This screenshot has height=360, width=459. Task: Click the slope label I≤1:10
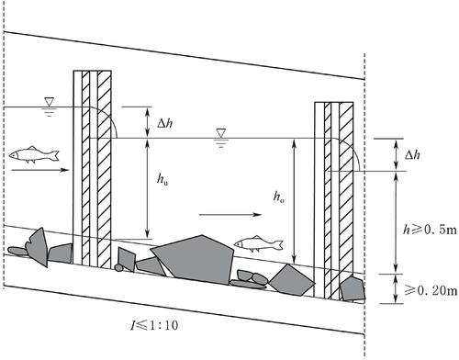pyautogui.click(x=154, y=325)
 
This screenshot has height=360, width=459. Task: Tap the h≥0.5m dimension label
pyautogui.click(x=430, y=229)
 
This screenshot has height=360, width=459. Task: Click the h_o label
pyautogui.click(x=278, y=197)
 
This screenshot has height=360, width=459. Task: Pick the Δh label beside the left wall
pyautogui.click(x=165, y=124)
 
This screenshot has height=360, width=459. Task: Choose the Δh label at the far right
pyautogui.click(x=412, y=155)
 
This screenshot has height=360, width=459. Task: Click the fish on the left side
pyautogui.click(x=34, y=154)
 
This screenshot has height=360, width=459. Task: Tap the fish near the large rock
pyautogui.click(x=259, y=244)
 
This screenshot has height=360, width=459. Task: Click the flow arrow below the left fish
pyautogui.click(x=39, y=170)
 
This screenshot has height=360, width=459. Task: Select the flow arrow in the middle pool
pyautogui.click(x=230, y=215)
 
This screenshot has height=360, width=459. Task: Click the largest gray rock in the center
pyautogui.click(x=194, y=259)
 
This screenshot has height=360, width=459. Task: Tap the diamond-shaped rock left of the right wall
pyautogui.click(x=291, y=280)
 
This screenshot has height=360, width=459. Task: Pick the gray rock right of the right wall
pyautogui.click(x=353, y=289)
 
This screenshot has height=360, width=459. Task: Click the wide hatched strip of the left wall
pyautogui.click(x=104, y=168)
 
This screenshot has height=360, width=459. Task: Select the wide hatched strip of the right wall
pyautogui.click(x=346, y=200)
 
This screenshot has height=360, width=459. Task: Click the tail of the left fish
pyautogui.click(x=55, y=155)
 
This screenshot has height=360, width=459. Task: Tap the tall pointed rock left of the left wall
pyautogui.click(x=38, y=247)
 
